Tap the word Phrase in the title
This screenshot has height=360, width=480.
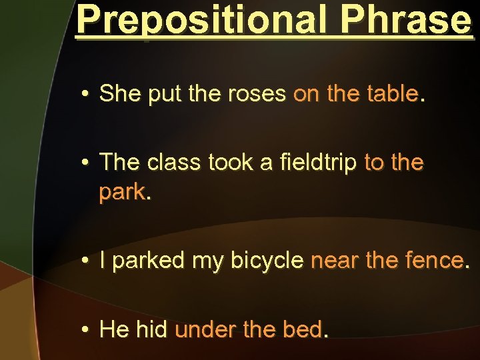click(405, 20)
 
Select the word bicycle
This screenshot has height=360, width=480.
click(267, 261)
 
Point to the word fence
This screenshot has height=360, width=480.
click(433, 261)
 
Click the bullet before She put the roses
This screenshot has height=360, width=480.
click(86, 95)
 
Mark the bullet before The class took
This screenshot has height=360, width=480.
click(86, 163)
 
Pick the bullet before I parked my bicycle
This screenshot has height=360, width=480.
click(86, 261)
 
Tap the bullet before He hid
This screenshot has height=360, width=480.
click(86, 329)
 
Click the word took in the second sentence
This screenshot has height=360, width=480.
click(233, 162)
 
